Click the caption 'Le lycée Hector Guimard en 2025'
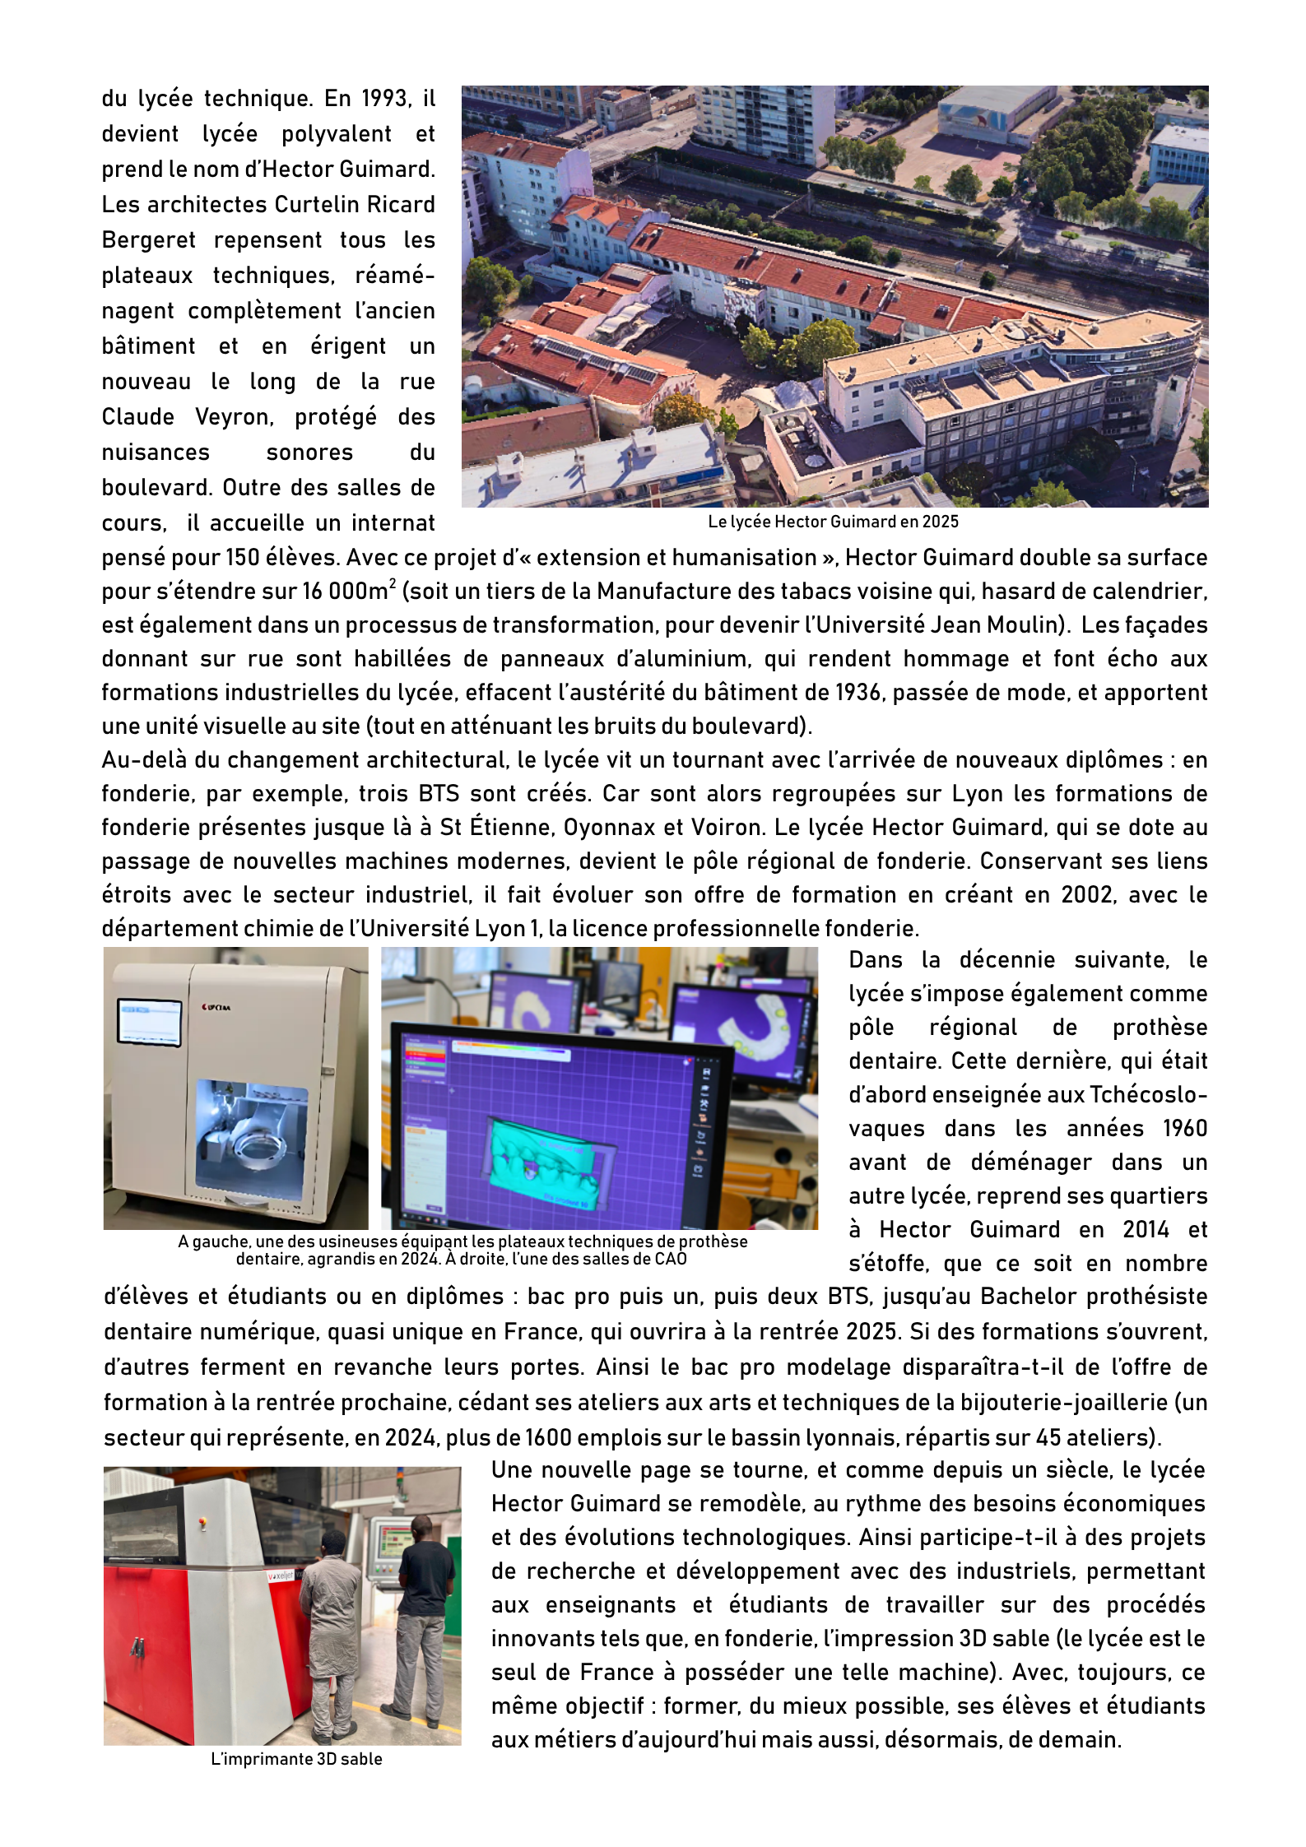click(833, 522)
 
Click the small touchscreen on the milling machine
click(150, 1022)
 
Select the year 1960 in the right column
click(1184, 1129)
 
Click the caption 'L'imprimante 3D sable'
click(296, 1760)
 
